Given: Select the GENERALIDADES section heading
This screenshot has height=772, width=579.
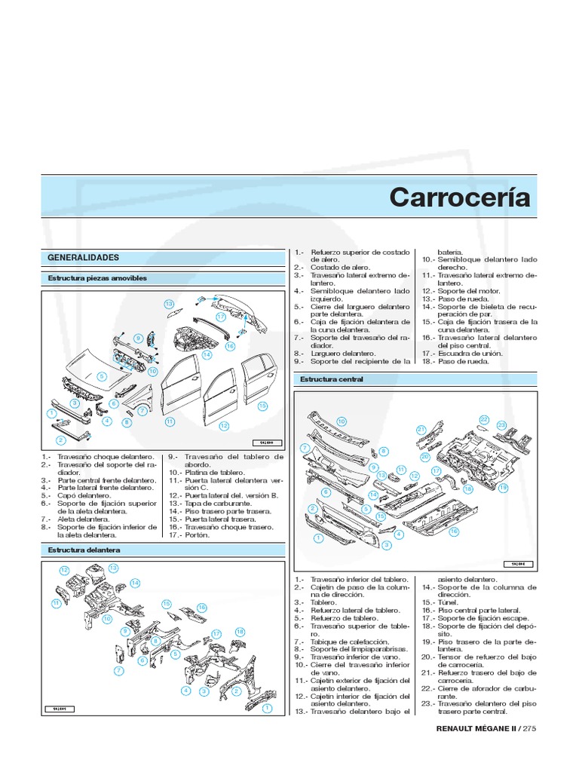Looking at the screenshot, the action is coord(84,257).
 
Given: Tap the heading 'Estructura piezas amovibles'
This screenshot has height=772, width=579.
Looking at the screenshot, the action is coord(97,278).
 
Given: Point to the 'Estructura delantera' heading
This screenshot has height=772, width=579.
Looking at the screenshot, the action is coord(84,550).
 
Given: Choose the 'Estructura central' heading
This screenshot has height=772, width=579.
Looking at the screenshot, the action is coord(332,379).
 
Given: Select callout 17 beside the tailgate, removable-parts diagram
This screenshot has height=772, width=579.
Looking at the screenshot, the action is coord(221,317).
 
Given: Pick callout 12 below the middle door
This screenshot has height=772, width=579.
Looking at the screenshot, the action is coord(224,426).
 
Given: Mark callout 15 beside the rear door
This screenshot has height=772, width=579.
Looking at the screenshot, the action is coord(262,406).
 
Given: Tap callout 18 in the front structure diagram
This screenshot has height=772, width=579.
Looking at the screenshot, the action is coord(240,631).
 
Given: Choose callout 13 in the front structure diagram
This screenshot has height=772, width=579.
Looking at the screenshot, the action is coord(114,567).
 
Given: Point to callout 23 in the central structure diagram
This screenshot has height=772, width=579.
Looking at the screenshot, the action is coord(501,425).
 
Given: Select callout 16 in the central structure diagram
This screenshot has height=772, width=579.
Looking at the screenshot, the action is coord(454,532).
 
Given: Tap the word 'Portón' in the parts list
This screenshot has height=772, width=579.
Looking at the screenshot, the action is coord(195,535).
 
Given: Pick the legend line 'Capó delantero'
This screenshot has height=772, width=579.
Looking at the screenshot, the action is coord(81,496).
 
